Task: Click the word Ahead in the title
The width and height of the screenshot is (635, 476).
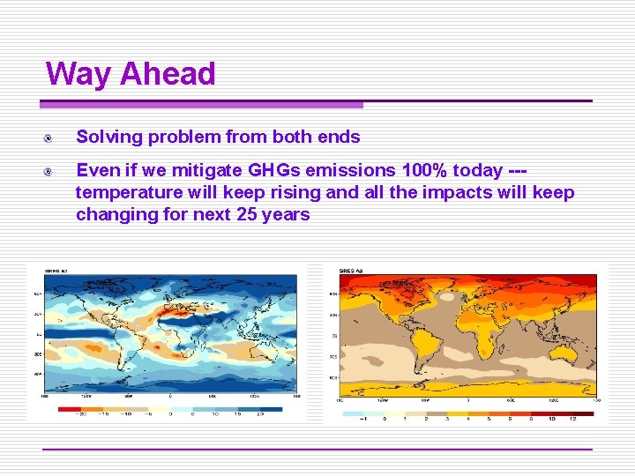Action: [168, 73]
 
